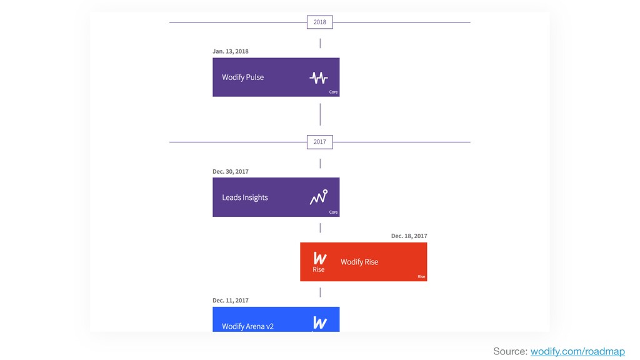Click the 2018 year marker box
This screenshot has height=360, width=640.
(x=319, y=22)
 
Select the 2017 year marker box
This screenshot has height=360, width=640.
(x=319, y=142)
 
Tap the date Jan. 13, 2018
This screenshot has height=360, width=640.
(x=230, y=51)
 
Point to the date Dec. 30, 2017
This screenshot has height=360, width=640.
(x=230, y=171)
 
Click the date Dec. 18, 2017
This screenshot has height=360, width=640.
(x=409, y=236)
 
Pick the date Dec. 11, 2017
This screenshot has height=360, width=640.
(x=230, y=301)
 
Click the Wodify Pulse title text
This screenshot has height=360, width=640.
(x=243, y=77)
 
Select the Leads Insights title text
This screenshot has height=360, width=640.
(x=245, y=197)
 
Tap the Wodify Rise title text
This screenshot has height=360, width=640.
(x=359, y=262)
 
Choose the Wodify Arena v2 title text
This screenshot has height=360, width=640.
(x=247, y=326)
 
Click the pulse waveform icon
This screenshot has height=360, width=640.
(x=318, y=77)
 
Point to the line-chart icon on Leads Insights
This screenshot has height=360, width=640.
(x=318, y=197)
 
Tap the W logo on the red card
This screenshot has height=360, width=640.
(x=320, y=258)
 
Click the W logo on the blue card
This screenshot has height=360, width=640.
(x=320, y=322)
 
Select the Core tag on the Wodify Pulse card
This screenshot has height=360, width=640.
(x=334, y=92)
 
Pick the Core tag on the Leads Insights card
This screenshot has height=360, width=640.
(x=334, y=212)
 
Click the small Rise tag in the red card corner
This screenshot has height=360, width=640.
(x=421, y=277)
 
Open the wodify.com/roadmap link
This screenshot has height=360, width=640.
(x=577, y=351)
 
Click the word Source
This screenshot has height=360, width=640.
(x=510, y=351)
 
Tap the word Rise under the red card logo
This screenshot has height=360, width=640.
(x=318, y=269)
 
